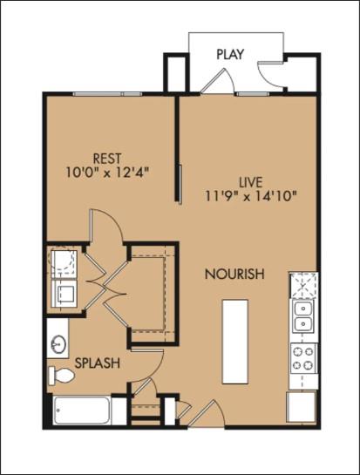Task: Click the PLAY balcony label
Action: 230,54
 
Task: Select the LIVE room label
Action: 253,181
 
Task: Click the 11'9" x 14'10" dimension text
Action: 253,195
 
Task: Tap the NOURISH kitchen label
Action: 234,275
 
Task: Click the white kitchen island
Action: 234,341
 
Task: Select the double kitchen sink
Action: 303,317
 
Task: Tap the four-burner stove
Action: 303,360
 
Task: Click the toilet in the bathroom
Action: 63,376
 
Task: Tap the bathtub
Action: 80,410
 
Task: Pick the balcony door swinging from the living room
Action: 214,80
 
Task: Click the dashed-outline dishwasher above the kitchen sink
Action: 303,284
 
